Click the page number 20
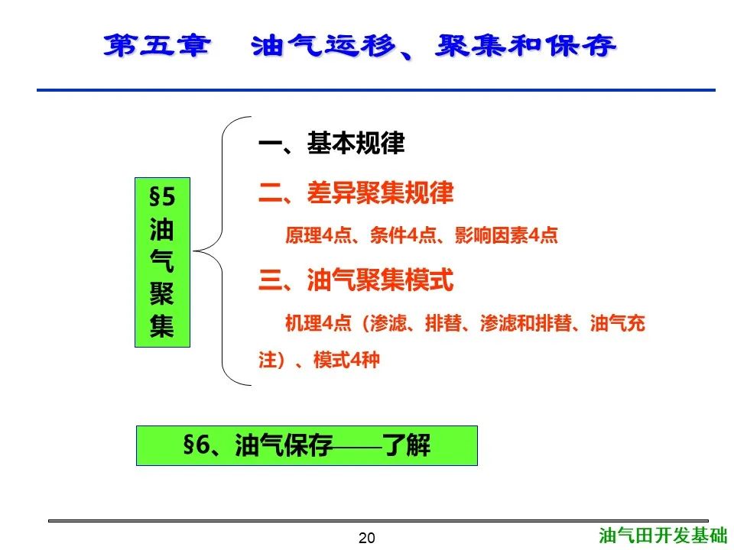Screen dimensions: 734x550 366,538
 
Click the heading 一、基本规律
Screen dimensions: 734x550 331,143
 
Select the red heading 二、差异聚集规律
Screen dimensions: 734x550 356,192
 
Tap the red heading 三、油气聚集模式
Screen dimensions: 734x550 356,280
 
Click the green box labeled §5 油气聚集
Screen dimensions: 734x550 162,262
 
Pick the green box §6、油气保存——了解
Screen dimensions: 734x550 307,445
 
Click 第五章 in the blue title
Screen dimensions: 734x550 157,46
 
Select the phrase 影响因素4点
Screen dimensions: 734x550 506,235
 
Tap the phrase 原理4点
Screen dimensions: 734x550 318,235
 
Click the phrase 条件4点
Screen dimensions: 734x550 403,235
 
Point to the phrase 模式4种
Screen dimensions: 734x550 346,360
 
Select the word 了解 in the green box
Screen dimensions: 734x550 406,445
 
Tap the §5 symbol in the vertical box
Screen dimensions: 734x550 162,197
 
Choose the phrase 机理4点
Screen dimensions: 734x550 318,323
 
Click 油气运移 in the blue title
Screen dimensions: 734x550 323,46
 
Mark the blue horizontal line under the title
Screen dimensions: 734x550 376,90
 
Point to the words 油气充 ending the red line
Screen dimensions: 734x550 618,323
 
